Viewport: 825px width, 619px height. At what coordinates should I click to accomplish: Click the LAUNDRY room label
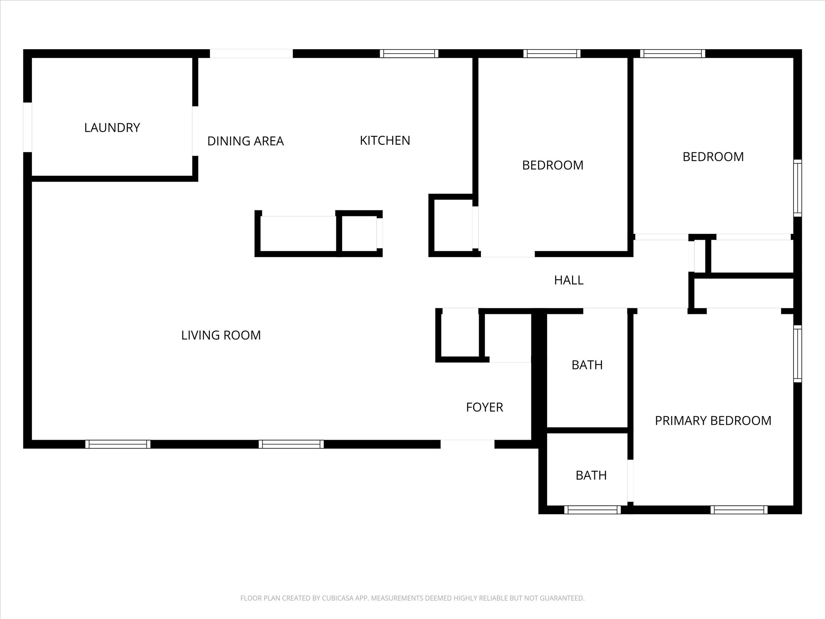coord(112,128)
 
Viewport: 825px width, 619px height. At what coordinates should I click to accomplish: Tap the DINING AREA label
coord(245,141)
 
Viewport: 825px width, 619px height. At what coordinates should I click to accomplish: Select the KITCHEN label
coord(385,140)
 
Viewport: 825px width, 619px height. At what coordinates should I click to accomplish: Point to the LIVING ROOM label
coord(221,335)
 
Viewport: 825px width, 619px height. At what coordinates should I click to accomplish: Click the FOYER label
coord(485,407)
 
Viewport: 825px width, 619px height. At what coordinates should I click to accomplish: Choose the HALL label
coord(569,280)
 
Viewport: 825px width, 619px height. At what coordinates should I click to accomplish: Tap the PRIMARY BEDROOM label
coord(713,421)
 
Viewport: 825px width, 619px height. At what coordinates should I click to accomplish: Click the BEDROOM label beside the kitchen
coord(553,165)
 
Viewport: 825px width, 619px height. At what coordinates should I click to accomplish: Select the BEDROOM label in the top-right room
coord(713,157)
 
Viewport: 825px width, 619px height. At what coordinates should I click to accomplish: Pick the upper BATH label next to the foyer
coord(587,365)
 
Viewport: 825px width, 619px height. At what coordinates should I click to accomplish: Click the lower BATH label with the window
coord(591,476)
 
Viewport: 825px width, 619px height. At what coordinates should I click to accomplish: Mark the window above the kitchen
coord(409,54)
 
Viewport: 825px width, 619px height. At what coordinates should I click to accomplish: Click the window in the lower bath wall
coord(593,510)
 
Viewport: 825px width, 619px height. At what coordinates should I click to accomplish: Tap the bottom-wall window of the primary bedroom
coord(739,510)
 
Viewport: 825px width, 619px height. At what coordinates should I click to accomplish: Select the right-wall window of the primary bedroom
coord(798,353)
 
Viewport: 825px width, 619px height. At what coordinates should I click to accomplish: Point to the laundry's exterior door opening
coord(27,127)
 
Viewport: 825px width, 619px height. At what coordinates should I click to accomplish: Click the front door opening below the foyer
coord(467,444)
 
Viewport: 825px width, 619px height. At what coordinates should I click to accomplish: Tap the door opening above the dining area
coord(251,54)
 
